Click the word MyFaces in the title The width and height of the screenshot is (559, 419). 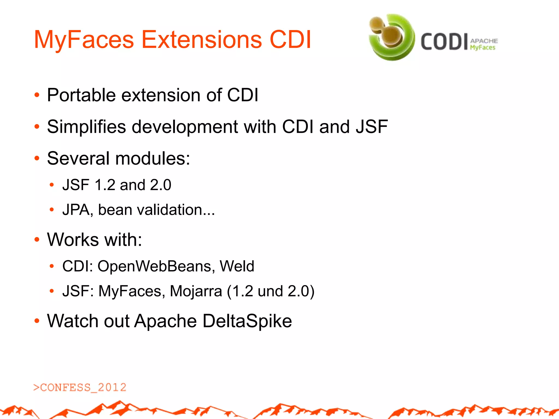click(x=84, y=40)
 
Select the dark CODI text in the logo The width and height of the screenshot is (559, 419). click(x=444, y=42)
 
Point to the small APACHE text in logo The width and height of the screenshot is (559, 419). click(x=484, y=41)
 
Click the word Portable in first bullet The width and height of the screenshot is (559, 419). click(x=81, y=95)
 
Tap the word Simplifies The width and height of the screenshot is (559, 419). click(x=86, y=127)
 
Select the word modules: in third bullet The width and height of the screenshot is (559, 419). click(x=153, y=158)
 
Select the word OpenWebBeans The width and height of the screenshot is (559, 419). click(x=154, y=266)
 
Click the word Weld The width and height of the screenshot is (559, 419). click(x=237, y=266)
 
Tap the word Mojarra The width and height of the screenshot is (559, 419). click(x=196, y=291)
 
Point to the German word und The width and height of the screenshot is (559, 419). click(x=270, y=291)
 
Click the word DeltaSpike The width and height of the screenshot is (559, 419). click(x=247, y=321)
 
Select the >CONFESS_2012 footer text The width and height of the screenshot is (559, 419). click(x=80, y=387)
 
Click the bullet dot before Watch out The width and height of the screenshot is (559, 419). click(x=37, y=321)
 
